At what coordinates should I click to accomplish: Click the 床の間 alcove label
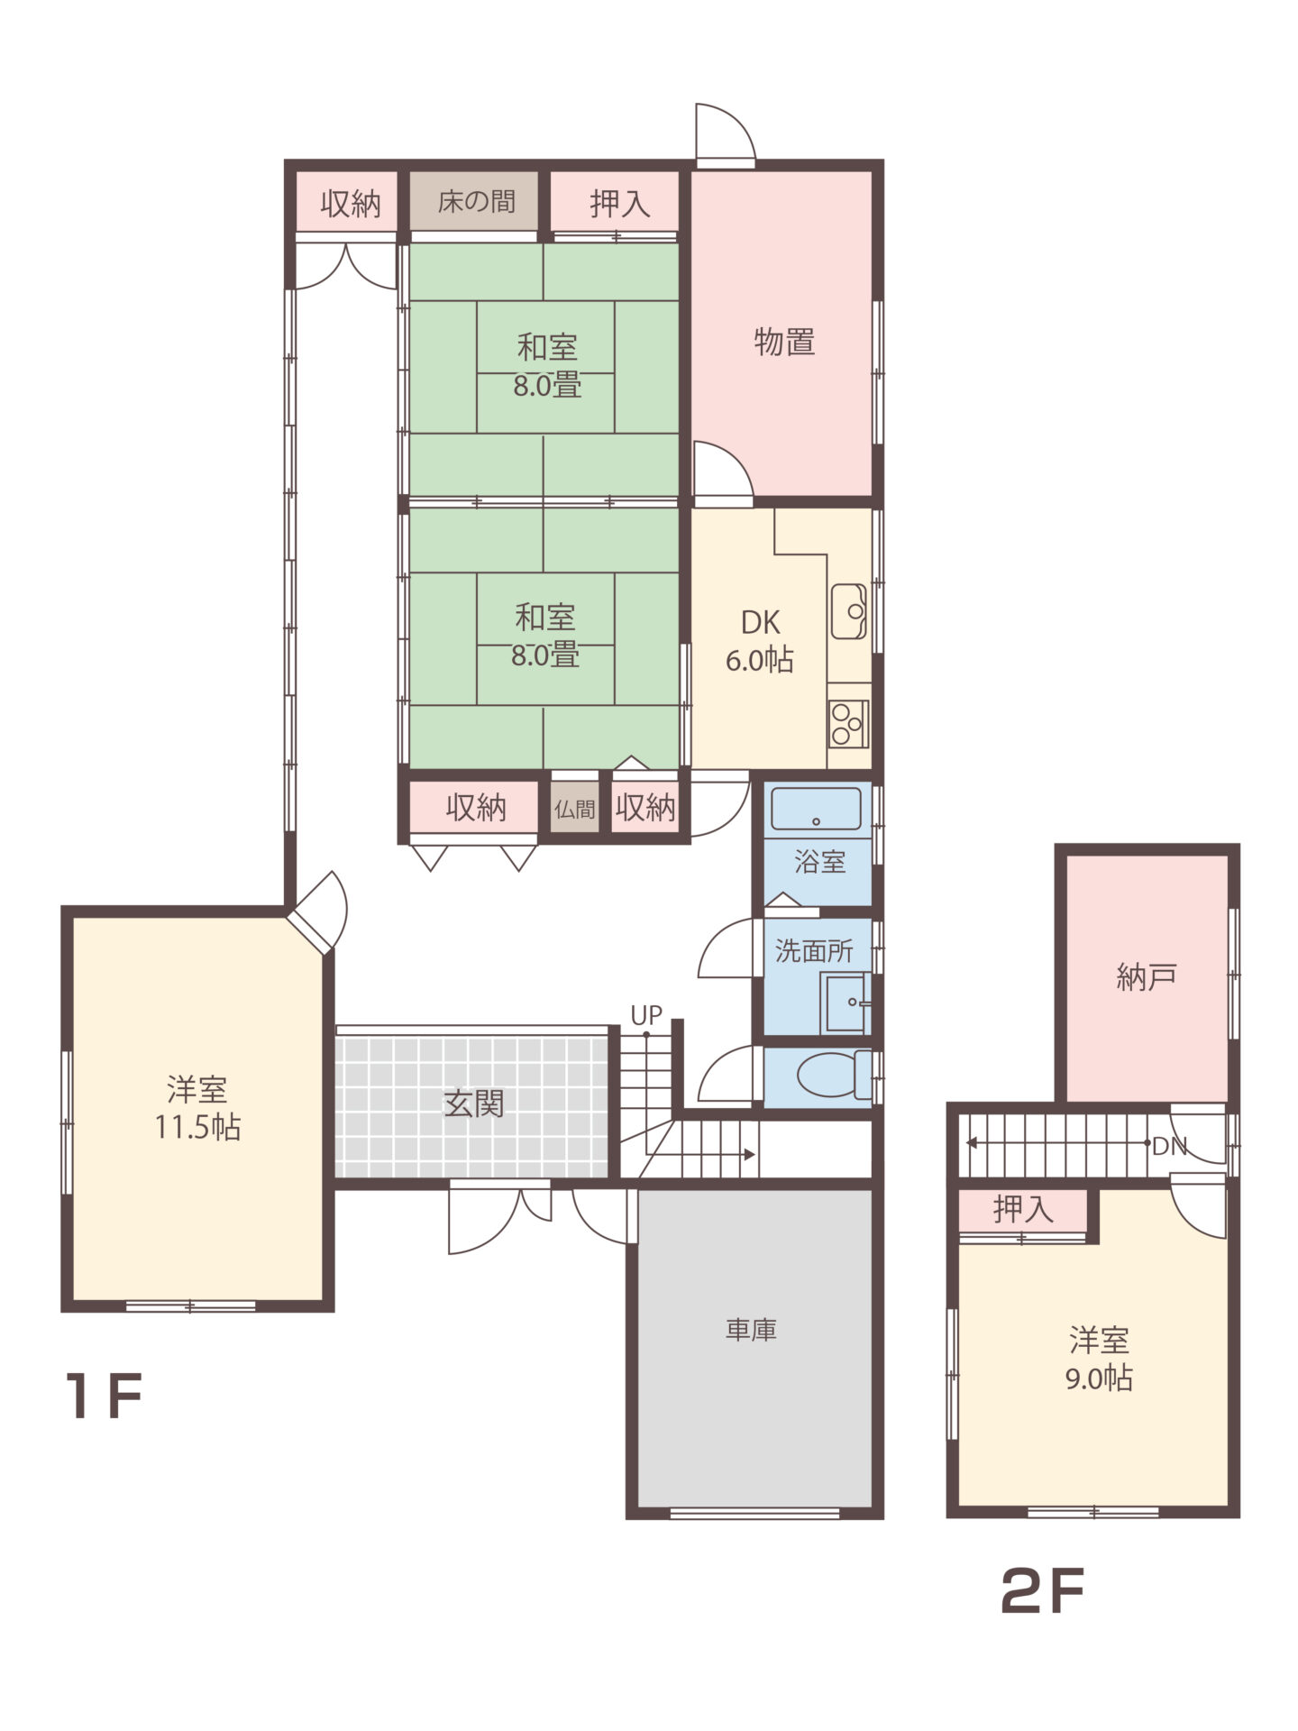(x=476, y=201)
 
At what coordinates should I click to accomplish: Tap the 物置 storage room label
(x=784, y=343)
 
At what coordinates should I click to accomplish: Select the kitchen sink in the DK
(x=848, y=611)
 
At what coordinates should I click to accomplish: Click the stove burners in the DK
(x=848, y=724)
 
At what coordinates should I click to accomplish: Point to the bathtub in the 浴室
(x=817, y=809)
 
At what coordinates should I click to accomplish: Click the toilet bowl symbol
(x=834, y=1075)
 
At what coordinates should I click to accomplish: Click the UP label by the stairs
(x=646, y=1016)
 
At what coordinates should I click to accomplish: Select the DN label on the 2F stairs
(x=1170, y=1147)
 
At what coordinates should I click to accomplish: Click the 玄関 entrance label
(x=473, y=1103)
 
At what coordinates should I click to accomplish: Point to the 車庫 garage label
(x=751, y=1330)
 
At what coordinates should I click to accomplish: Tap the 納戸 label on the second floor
(x=1147, y=976)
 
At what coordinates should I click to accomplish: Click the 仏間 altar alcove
(x=574, y=808)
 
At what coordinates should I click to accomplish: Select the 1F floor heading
(x=105, y=1397)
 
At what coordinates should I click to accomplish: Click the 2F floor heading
(x=1042, y=1591)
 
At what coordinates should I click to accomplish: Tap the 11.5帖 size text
(x=197, y=1127)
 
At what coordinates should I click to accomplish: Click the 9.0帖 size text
(x=1099, y=1378)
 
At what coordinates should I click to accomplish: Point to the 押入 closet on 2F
(x=1023, y=1210)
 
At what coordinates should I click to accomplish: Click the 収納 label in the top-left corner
(x=351, y=204)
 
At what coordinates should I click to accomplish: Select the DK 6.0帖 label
(x=760, y=641)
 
